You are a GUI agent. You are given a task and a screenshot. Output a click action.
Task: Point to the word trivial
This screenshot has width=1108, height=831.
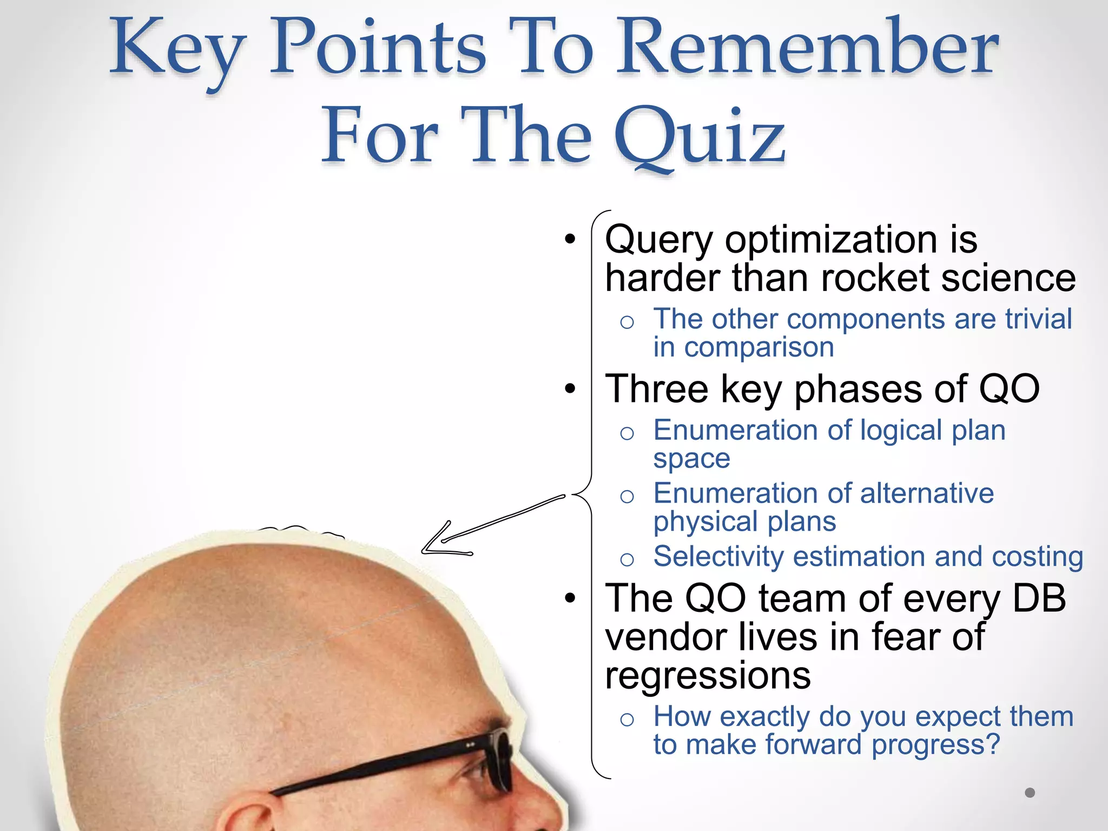tap(1038, 319)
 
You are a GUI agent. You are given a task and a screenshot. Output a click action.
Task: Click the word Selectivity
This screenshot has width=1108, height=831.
tap(717, 557)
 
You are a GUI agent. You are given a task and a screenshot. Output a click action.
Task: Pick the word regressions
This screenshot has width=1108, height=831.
tap(708, 676)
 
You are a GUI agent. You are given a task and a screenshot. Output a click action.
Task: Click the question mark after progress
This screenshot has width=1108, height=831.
tap(992, 744)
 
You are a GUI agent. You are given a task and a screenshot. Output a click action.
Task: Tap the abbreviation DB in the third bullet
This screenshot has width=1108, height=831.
tap(1039, 598)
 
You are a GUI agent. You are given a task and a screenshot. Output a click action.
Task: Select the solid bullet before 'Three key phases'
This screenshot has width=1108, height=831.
tap(570, 388)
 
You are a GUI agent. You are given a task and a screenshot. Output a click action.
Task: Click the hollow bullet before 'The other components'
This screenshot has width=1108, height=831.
tap(626, 322)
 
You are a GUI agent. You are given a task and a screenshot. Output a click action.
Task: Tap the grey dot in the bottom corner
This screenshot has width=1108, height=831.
tap(1030, 793)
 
